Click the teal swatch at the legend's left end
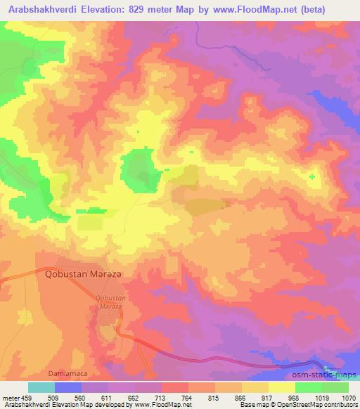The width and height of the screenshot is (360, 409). pos(41,387)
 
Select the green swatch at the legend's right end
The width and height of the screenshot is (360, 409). pos(335,387)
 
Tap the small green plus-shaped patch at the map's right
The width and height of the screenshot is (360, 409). pos(311,176)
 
